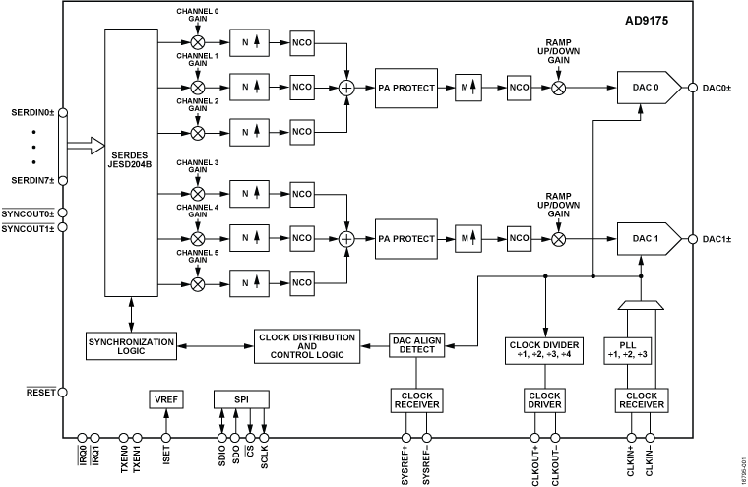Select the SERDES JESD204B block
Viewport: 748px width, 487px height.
click(131, 163)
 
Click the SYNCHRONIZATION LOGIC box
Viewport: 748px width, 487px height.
click(130, 345)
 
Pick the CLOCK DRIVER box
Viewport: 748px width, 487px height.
click(544, 400)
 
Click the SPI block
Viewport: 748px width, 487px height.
click(241, 399)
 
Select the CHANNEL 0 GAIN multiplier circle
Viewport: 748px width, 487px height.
click(198, 43)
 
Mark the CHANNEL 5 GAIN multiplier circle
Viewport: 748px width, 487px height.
click(198, 283)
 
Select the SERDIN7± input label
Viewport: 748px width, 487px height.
click(32, 180)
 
